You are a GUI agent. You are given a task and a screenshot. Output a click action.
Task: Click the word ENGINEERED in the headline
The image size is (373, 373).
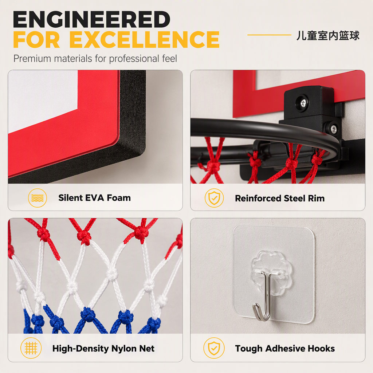click(x=91, y=20)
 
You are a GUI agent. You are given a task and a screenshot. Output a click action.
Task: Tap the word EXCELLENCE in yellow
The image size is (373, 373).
click(x=144, y=39)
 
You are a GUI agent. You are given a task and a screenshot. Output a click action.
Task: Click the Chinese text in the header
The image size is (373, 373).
click(x=328, y=35)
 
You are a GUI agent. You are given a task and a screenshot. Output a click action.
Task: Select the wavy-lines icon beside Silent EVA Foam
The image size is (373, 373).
click(x=38, y=198)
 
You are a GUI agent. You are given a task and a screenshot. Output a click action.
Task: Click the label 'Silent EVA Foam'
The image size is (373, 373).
click(x=94, y=198)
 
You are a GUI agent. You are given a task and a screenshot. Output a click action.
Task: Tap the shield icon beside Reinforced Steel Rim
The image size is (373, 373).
click(x=214, y=198)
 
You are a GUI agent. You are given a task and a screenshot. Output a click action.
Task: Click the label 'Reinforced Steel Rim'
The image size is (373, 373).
click(x=280, y=199)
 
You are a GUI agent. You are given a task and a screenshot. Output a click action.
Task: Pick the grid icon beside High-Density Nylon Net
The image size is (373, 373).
click(x=31, y=348)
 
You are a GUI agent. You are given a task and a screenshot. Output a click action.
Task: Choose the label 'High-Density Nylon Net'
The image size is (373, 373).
click(x=103, y=349)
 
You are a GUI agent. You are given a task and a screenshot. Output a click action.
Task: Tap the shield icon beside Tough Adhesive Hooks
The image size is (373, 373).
click(x=214, y=348)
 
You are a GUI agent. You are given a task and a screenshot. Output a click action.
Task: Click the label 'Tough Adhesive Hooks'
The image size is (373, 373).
click(x=285, y=349)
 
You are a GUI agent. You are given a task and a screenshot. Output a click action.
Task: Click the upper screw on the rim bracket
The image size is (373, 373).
click(x=303, y=103)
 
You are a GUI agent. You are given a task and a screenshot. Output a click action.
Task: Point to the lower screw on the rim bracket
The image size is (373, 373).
click(x=334, y=129)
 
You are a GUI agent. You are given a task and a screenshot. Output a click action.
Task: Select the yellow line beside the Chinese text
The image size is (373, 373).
click(x=269, y=35)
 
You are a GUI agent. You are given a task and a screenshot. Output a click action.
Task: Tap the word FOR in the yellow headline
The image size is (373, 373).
click(x=36, y=39)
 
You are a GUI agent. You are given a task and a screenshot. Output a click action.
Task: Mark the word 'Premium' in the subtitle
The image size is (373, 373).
click(x=32, y=59)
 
